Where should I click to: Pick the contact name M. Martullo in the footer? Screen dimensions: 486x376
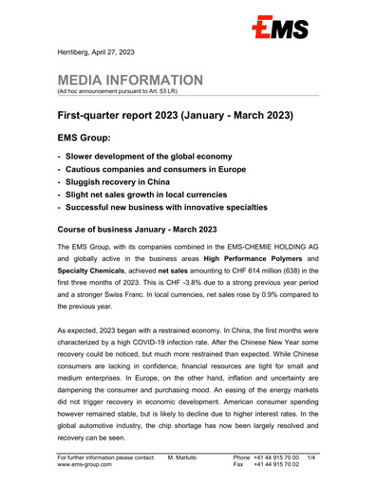[x=187, y=458]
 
